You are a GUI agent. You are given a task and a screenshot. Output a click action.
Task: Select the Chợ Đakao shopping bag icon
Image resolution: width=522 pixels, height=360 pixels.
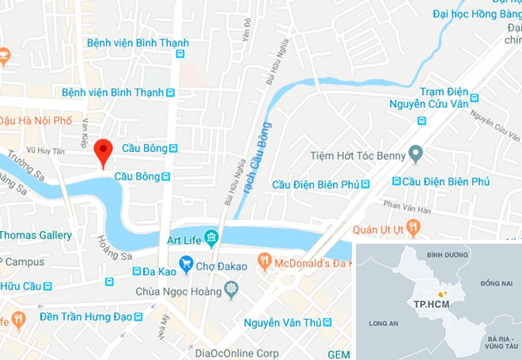pos(186,264)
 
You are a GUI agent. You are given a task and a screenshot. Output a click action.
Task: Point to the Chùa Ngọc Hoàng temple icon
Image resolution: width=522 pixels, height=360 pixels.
pos(232,292)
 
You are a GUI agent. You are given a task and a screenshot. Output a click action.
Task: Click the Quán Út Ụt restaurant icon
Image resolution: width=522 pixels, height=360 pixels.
pos(414,229)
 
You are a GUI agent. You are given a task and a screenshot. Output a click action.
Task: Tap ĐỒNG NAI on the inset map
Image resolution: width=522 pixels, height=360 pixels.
pos(496,282)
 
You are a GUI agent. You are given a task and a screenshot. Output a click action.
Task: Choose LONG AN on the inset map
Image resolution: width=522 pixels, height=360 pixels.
pos(384,323)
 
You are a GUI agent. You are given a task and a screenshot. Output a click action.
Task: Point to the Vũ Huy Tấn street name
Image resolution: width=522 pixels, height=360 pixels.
pos(44,149)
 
